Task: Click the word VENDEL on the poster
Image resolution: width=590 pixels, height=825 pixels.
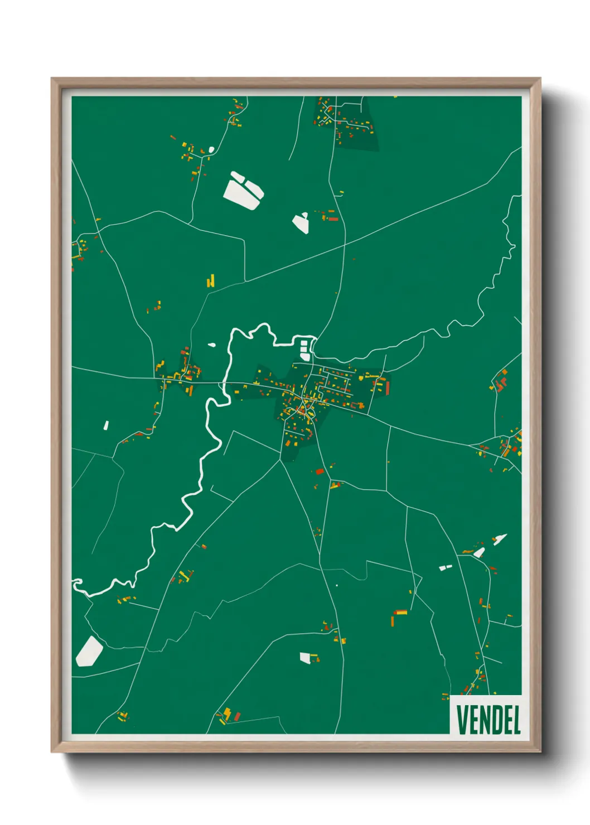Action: tap(489, 719)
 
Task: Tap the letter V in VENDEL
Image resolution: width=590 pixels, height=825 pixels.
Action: tap(462, 719)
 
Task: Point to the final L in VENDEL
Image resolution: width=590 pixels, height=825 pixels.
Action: tap(516, 719)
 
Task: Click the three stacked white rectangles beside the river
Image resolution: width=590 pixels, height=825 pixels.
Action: tap(304, 349)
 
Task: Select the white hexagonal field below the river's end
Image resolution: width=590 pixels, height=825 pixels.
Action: tap(89, 651)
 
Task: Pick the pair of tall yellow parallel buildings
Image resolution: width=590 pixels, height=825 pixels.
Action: tap(211, 280)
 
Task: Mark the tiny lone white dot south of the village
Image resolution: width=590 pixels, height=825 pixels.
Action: tap(337, 585)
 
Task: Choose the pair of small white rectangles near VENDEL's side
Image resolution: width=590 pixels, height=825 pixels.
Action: tap(445, 567)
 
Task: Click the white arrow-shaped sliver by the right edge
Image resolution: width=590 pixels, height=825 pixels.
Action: tap(500, 539)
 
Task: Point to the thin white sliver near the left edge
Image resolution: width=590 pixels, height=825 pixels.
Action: tap(106, 425)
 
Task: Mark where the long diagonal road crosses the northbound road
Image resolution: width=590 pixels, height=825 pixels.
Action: tap(345, 244)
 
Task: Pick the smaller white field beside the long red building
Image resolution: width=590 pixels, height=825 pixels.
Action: tap(301, 222)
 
